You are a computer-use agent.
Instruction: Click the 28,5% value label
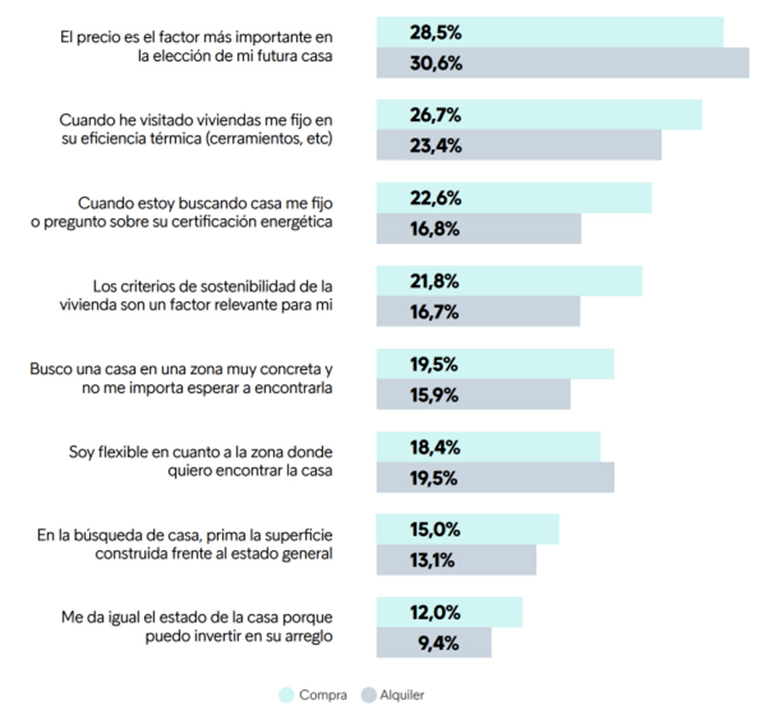coord(435,32)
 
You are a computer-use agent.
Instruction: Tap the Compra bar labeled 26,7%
coord(539,115)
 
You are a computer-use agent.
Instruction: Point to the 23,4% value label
coord(435,146)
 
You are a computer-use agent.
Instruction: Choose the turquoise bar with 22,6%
coord(514,198)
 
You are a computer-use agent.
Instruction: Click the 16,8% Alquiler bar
coord(479,229)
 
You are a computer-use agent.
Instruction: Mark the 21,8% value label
coord(434,281)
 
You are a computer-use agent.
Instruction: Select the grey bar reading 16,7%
coord(478,312)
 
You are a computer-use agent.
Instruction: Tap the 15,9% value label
coord(434,395)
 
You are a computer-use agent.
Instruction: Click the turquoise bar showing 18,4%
coord(488,447)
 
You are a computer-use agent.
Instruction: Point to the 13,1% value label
coord(432,560)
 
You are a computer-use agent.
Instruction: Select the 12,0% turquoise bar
coord(449,612)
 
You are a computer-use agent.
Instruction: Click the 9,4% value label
coord(438,643)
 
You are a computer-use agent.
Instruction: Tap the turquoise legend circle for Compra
coord(286,695)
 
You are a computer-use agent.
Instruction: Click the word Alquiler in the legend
coord(402,695)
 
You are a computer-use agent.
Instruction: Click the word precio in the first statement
coord(99,37)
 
